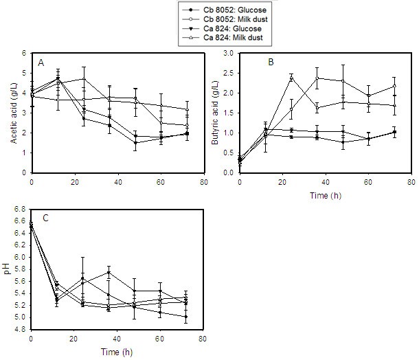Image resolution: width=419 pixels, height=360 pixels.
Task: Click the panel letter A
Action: tap(41, 62)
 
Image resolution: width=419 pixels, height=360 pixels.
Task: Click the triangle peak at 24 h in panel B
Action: tap(291, 78)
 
